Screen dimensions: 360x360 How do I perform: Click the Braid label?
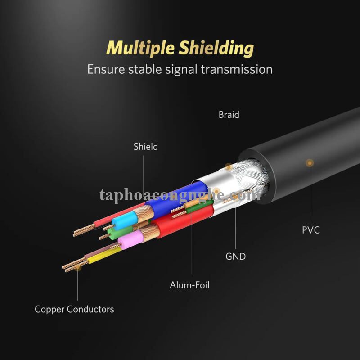[229, 115]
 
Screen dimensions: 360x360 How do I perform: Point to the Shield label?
[145, 147]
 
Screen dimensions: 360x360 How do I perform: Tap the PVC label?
[310, 230]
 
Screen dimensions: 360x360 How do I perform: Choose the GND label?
[235, 256]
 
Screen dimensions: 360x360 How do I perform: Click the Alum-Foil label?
[189, 285]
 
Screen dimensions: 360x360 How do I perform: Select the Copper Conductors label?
[74, 309]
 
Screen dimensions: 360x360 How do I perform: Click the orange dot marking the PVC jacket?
[309, 162]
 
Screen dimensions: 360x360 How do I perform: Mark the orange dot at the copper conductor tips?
[77, 268]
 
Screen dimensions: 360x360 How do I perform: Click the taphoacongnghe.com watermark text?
[180, 195]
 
